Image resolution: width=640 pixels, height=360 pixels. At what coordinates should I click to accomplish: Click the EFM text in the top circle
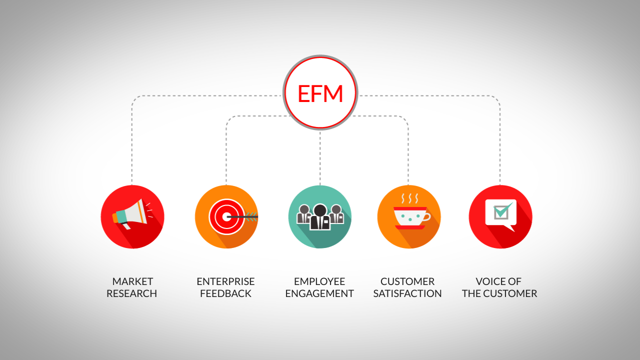[320, 93]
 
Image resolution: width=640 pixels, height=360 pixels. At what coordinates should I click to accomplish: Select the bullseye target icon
[226, 216]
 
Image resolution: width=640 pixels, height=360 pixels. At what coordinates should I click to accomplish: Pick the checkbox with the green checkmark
[501, 211]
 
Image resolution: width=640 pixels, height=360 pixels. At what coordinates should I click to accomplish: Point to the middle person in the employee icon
[320, 217]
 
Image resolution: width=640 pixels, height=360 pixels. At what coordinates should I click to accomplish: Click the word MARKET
[132, 281]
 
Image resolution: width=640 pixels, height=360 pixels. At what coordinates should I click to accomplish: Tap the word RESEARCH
[131, 293]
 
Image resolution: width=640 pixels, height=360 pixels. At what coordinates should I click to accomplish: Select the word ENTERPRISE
[225, 281]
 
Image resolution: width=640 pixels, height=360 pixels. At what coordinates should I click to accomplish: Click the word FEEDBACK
[225, 293]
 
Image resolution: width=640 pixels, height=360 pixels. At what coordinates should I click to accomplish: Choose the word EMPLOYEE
[319, 281]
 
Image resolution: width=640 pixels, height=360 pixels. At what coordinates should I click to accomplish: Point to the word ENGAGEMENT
[319, 293]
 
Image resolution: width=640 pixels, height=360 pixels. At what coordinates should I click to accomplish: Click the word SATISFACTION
[407, 293]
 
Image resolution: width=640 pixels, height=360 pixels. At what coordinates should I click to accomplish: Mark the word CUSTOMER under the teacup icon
[407, 281]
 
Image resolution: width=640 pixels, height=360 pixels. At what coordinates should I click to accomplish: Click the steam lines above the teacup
[410, 198]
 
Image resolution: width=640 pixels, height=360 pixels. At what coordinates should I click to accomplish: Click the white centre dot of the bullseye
[226, 216]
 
